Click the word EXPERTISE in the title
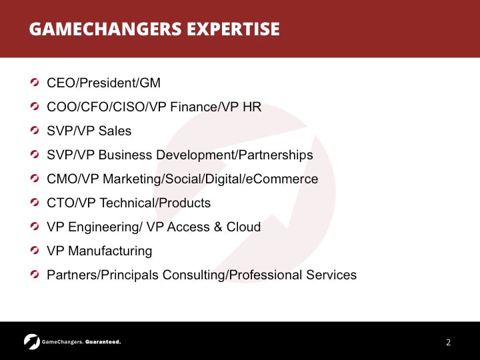233,29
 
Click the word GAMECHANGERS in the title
105,29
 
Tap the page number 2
448,342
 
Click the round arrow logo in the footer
32,341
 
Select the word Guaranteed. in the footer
103,342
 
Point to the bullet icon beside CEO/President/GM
35,83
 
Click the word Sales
115,131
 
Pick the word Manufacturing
110,251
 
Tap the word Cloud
243,227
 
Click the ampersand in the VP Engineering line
217,227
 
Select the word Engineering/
105,227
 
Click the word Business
125,155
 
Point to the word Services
331,275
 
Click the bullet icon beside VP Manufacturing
35,251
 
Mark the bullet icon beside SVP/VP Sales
35,131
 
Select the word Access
188,227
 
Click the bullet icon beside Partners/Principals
35,274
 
